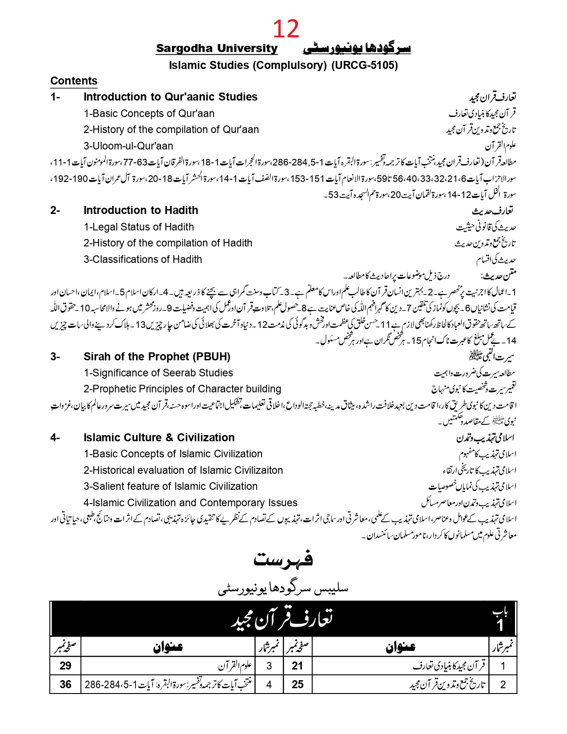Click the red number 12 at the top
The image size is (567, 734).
[x=286, y=29]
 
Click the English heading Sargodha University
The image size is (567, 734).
[x=217, y=48]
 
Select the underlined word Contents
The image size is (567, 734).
[x=74, y=81]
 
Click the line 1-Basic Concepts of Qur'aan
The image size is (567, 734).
[x=149, y=113]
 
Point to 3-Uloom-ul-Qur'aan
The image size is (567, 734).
[x=128, y=146]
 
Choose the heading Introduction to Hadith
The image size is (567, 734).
[x=141, y=210]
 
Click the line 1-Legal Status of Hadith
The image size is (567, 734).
[x=139, y=227]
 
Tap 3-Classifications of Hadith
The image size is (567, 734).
[x=143, y=259]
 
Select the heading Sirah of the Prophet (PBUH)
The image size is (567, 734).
[x=157, y=357]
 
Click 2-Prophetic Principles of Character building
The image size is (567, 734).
[x=182, y=389]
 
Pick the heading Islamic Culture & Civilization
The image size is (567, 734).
[x=159, y=438]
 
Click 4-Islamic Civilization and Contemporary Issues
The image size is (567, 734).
[x=190, y=503]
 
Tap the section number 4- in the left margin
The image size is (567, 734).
[x=55, y=438]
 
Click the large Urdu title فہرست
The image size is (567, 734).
[x=283, y=559]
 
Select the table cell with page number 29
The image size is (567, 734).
[x=65, y=665]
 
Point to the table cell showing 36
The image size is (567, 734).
[x=65, y=684]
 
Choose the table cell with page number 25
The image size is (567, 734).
[x=298, y=684]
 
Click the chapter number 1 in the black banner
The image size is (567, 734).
[x=500, y=625]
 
